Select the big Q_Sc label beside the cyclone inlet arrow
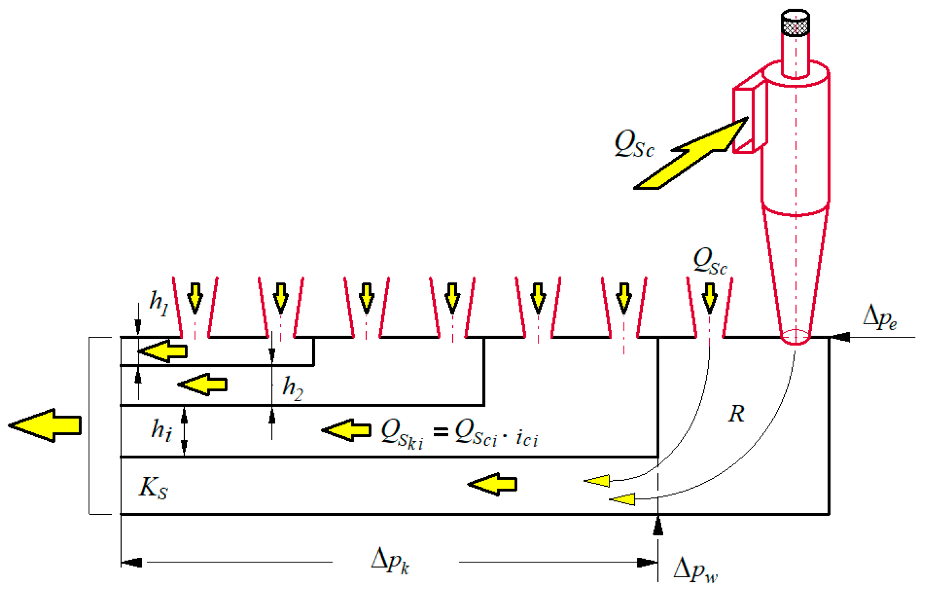coord(634,144)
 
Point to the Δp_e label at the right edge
coord(880,317)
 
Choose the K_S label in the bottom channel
coord(153,488)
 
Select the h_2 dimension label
coord(293,388)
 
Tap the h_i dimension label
coord(161,430)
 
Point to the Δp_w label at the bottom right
coord(695,570)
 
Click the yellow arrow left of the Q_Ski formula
coord(347,430)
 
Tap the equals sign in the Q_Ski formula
coord(440,432)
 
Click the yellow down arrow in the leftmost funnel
coord(195,297)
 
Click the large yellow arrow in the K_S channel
coord(493,484)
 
